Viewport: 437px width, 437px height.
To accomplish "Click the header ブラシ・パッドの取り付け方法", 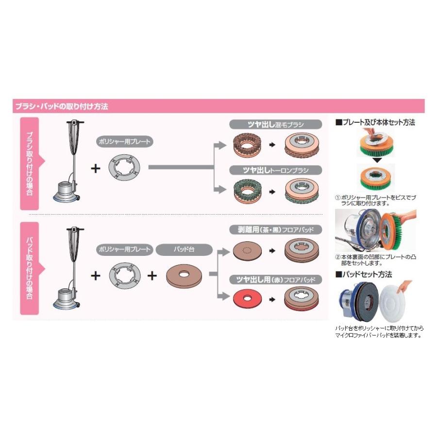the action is (62, 106).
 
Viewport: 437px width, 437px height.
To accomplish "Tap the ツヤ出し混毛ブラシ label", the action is (275, 124).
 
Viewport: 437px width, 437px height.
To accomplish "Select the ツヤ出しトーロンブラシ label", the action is (275, 170).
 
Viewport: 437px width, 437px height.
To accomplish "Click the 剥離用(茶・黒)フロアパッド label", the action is (275, 230).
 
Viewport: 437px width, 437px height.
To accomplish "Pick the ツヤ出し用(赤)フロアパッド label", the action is (275, 279).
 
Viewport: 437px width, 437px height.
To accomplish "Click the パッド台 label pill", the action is (184, 250).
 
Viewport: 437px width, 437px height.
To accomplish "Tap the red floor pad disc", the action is (247, 299).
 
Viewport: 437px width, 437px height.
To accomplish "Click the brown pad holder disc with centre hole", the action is (184, 276).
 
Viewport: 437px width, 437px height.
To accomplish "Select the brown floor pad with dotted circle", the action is (247, 250).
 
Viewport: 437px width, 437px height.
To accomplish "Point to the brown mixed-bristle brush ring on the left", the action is (247, 145).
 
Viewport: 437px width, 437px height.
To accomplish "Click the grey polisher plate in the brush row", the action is (124, 168).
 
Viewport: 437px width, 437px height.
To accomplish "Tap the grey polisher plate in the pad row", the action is (125, 276).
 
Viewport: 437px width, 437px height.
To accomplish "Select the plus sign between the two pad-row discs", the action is (152, 276).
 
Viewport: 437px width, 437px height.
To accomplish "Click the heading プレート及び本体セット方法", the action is (375, 122).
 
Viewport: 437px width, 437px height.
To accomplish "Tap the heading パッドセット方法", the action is (364, 274).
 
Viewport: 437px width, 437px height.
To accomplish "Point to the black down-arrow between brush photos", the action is (377, 160).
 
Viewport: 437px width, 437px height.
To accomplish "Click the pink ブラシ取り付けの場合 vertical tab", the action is (30, 164).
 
